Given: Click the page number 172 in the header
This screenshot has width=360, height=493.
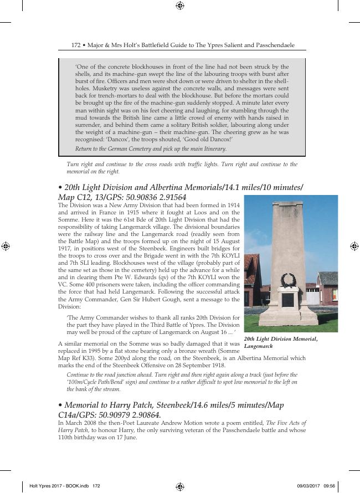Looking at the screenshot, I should pyautogui.click(x=76, y=44).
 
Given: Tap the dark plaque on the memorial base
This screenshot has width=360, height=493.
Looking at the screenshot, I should pyautogui.click(x=287, y=300).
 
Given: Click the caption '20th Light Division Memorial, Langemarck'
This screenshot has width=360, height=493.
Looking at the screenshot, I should pyautogui.click(x=281, y=342).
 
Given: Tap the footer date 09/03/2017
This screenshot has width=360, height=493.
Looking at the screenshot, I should pyautogui.click(x=308, y=486).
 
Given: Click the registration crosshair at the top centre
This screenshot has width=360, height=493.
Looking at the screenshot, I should pyautogui.click(x=180, y=6).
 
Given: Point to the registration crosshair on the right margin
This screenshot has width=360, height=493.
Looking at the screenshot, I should pyautogui.click(x=354, y=246).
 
